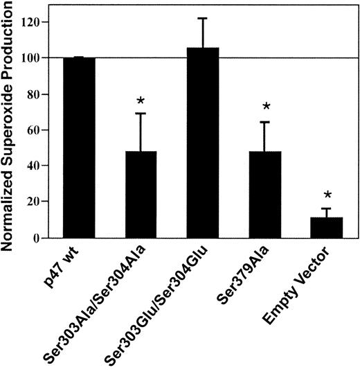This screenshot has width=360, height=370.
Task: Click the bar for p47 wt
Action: tap(81, 148)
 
